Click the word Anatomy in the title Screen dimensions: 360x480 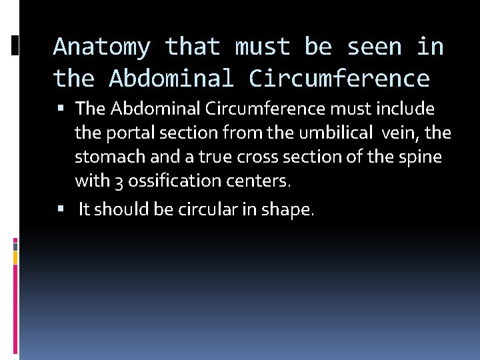coord(102,47)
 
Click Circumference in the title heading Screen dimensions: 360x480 coord(339,79)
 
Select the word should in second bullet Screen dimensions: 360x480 coord(117,210)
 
